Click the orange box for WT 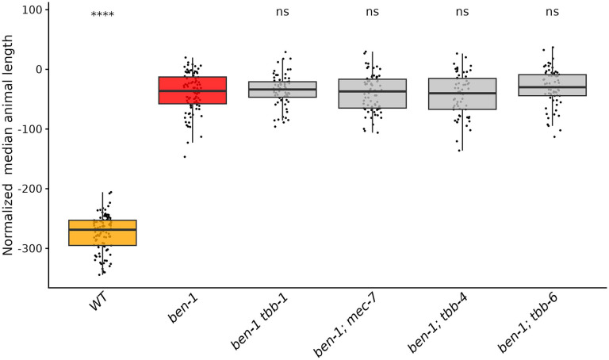102,232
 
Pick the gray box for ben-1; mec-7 372,93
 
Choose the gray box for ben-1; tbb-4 462,94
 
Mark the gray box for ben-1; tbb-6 553,85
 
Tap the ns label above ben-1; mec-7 372,12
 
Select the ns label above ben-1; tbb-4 462,12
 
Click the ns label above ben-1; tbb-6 553,12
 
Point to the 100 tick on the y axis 31,10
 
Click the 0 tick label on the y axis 38,70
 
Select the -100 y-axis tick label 29,129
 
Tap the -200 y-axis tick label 29,189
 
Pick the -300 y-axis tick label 29,248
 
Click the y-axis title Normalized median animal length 9,149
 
